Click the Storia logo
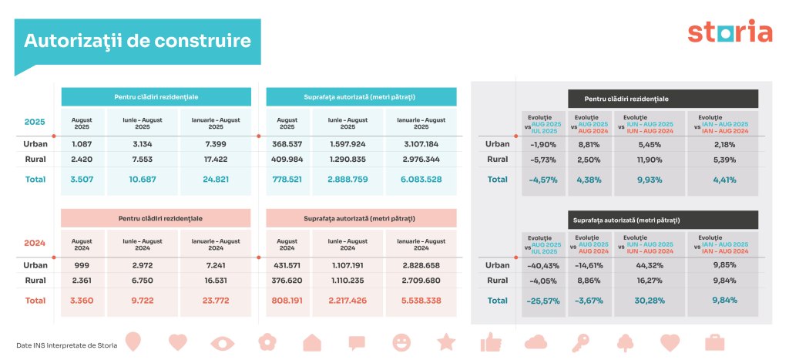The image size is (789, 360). click(x=729, y=32)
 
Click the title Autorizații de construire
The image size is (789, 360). click(x=136, y=41)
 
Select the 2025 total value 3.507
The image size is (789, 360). click(x=82, y=180)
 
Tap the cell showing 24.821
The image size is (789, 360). click(x=210, y=180)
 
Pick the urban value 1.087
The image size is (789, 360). click(x=82, y=144)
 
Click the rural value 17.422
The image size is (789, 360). click(x=210, y=160)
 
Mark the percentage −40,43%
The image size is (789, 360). click(x=545, y=265)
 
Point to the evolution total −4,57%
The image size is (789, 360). click(x=545, y=180)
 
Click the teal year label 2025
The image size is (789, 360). click(x=35, y=122)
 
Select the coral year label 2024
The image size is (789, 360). click(x=35, y=242)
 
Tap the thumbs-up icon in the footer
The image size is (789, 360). click(x=491, y=341)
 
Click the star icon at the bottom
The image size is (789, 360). click(x=446, y=341)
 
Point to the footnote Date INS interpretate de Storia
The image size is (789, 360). click(x=66, y=345)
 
